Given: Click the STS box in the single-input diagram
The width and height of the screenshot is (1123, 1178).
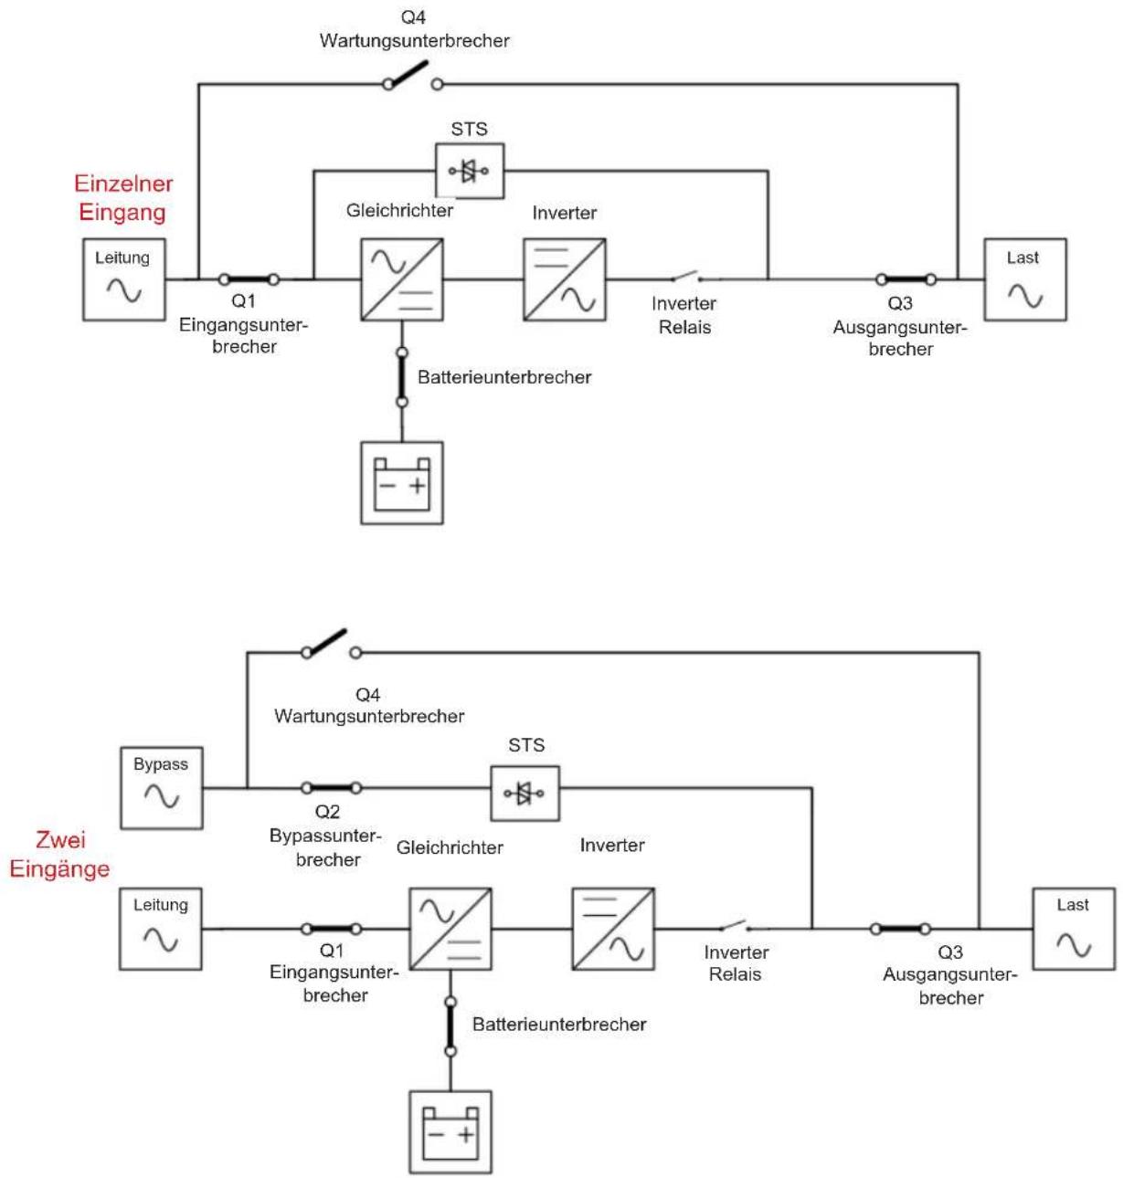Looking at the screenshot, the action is [470, 171].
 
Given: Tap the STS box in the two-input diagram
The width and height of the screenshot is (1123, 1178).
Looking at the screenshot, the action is [524, 793].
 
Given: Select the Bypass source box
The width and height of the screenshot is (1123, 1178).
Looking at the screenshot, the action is [162, 787].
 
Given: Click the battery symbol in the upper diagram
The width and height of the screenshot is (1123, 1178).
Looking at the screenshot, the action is [402, 483].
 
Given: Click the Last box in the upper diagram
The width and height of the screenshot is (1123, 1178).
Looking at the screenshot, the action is [1024, 279].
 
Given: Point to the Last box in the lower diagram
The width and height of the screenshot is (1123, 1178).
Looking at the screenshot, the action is [1074, 928].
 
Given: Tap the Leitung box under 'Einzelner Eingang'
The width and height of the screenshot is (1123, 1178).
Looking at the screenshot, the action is [123, 279].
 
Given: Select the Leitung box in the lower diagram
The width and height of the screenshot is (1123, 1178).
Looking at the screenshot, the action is [161, 928].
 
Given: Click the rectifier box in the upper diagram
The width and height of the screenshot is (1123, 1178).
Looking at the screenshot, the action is [402, 279].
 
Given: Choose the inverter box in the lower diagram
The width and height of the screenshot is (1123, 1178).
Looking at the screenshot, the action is [613, 928].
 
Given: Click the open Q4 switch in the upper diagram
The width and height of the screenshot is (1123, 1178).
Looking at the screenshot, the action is [412, 76].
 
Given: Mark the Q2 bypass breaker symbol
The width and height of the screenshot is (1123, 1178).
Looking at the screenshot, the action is [331, 787].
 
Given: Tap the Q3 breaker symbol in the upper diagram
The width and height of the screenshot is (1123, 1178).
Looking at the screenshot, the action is [906, 279].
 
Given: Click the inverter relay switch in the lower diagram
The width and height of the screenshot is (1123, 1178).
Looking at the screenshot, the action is [736, 925].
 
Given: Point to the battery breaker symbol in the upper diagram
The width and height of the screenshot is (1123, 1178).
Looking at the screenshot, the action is [402, 377].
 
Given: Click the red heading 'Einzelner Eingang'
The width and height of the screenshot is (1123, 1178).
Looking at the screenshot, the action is [123, 198].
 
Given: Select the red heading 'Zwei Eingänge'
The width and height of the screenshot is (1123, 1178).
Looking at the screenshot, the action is [59, 854].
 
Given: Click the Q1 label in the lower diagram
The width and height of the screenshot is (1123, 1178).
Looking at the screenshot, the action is [331, 950].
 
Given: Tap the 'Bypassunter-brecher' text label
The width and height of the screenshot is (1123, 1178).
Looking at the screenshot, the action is [325, 847].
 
